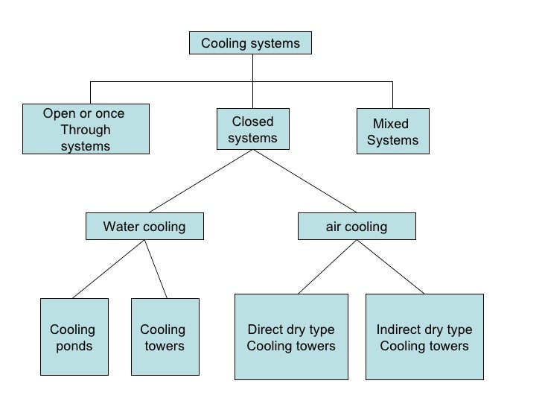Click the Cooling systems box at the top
click(250, 43)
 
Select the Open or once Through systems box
click(85, 130)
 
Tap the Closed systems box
click(252, 130)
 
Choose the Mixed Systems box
click(392, 131)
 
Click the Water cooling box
click(144, 227)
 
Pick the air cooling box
click(357, 227)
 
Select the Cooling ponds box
click(74, 338)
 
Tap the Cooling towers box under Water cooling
click(165, 338)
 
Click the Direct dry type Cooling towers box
click(291, 338)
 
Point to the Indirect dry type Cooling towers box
click(424, 338)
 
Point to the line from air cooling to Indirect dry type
click(392, 267)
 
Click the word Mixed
click(391, 124)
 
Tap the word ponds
click(74, 346)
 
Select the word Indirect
click(398, 330)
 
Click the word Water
click(120, 227)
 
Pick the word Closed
click(252, 122)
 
